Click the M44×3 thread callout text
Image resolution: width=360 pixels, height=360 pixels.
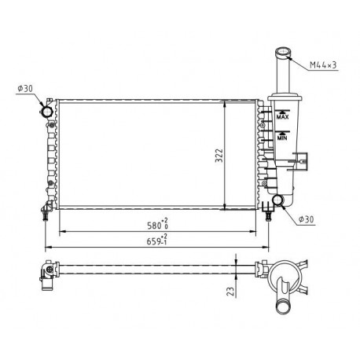tap(323, 64)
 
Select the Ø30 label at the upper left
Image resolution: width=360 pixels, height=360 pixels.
tap(25, 89)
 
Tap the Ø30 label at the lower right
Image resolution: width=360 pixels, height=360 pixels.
tap(306, 219)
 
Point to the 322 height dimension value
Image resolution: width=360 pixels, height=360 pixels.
tap(219, 156)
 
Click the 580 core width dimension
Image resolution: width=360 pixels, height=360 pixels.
tap(154, 226)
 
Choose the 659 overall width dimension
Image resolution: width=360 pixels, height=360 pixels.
tap(153, 241)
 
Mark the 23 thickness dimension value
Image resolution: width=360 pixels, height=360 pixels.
tap(230, 292)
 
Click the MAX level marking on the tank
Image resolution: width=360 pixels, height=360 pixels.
tap(282, 117)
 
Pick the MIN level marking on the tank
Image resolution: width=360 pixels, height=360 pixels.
tap(282, 138)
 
